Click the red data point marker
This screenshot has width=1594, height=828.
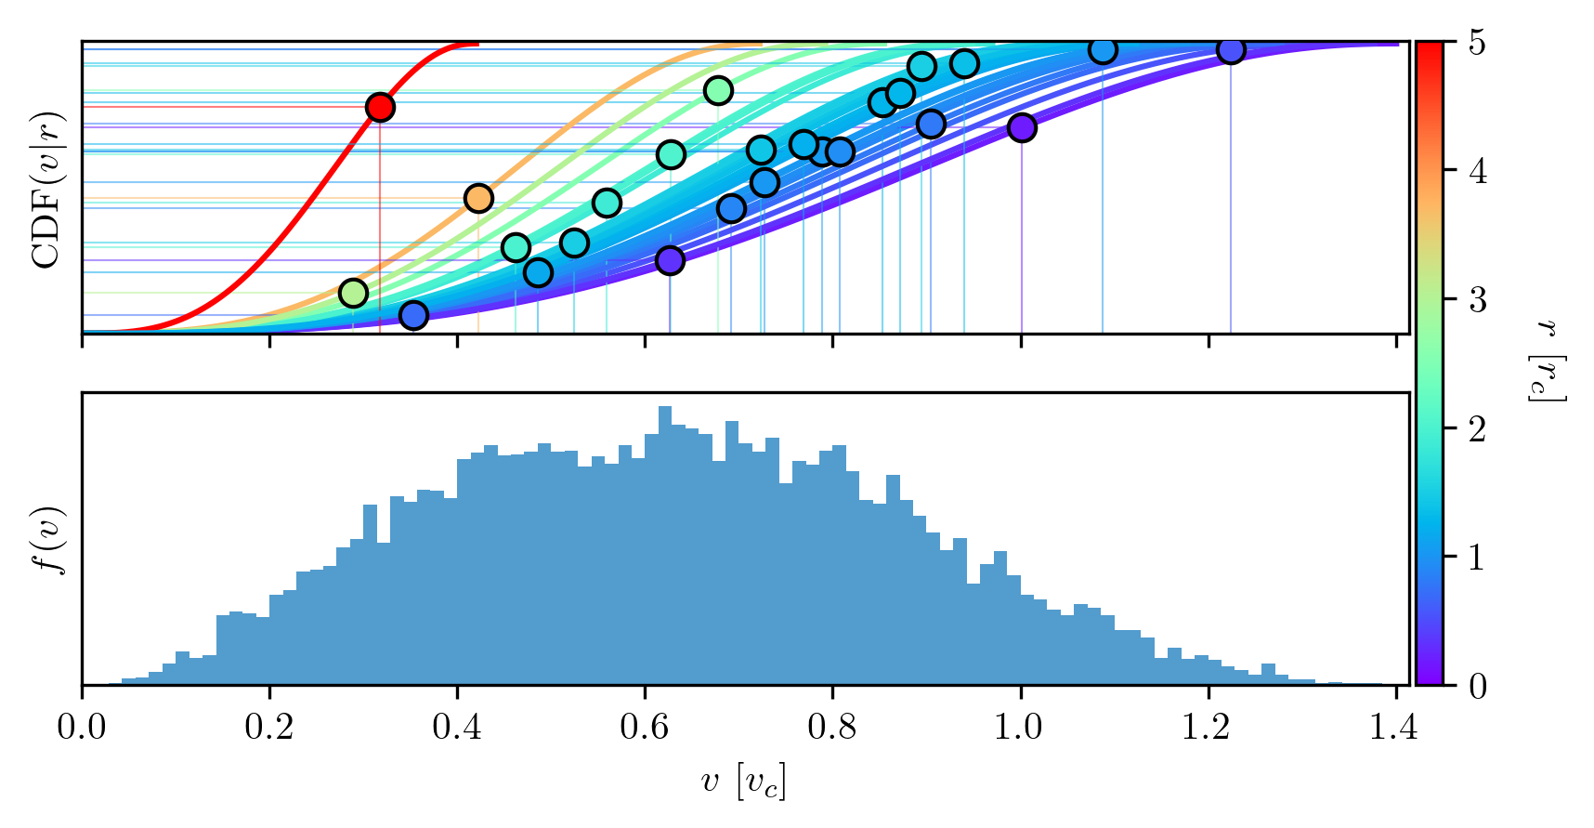379,107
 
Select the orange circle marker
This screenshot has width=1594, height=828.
477,198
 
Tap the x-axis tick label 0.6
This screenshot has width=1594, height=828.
645,727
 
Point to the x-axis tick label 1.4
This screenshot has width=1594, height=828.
1394,727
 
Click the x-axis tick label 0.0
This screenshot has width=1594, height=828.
82,727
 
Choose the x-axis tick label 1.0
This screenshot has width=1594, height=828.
1020,727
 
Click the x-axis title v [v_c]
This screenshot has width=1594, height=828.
743,782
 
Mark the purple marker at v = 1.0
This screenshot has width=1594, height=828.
1022,127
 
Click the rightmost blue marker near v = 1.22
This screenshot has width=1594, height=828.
1231,50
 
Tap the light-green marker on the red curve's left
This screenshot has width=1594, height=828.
353,293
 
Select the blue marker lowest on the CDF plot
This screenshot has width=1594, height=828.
413,316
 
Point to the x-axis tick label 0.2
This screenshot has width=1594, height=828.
269,727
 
